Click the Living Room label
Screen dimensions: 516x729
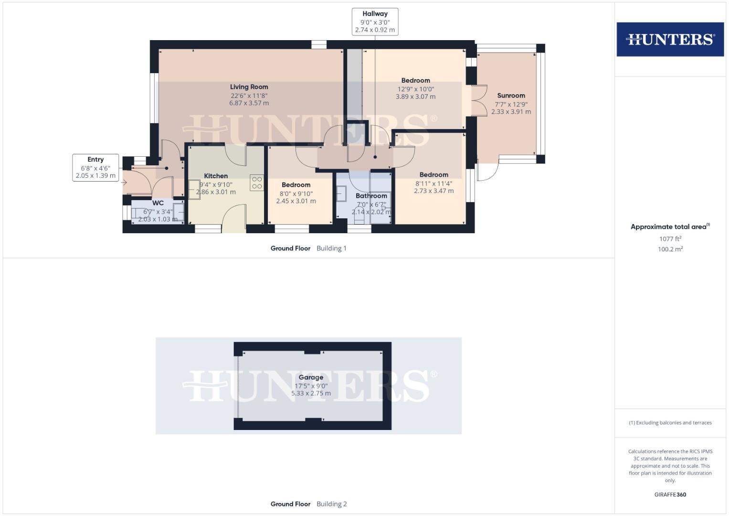(249, 87)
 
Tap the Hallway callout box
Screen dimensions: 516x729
(375, 22)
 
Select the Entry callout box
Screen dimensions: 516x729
(95, 168)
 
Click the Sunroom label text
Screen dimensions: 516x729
(511, 96)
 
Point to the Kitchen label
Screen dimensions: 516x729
(216, 176)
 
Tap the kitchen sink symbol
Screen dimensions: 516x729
(194, 189)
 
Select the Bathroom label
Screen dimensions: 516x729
(371, 196)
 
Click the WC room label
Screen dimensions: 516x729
(158, 203)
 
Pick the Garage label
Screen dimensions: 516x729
(311, 377)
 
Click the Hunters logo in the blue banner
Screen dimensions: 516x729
(670, 39)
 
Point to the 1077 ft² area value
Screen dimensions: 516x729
(670, 239)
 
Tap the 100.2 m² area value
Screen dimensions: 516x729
(670, 249)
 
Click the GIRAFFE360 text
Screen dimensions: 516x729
(670, 495)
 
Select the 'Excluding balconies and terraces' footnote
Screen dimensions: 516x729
(670, 423)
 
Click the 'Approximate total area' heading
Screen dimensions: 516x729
(670, 227)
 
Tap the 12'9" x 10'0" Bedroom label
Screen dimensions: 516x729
(415, 81)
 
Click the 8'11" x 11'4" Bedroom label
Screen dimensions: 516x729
(433, 175)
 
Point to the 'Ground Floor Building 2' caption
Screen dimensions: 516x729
(308, 504)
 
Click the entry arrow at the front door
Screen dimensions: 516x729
(124, 183)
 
